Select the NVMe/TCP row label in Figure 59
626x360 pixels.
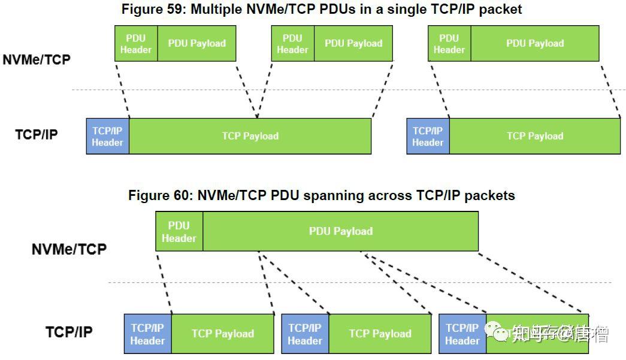37,59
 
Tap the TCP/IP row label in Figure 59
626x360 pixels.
37,134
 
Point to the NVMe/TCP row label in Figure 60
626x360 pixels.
69,249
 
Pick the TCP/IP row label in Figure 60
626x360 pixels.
69,331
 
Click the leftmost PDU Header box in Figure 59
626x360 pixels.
136,43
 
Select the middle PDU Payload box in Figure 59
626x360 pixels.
353,43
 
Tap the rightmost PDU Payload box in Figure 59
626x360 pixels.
535,43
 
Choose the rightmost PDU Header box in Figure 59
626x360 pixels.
449,43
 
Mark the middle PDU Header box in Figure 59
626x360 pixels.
292,43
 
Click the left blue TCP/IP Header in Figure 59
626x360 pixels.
108,136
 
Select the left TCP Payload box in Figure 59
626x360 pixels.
250,136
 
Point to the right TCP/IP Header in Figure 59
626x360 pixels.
428,136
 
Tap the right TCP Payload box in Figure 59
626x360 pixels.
535,136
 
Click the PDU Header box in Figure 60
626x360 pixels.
179,231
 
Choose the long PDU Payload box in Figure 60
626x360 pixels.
340,231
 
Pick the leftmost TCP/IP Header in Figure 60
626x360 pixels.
147,334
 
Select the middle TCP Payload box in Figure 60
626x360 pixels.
380,334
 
